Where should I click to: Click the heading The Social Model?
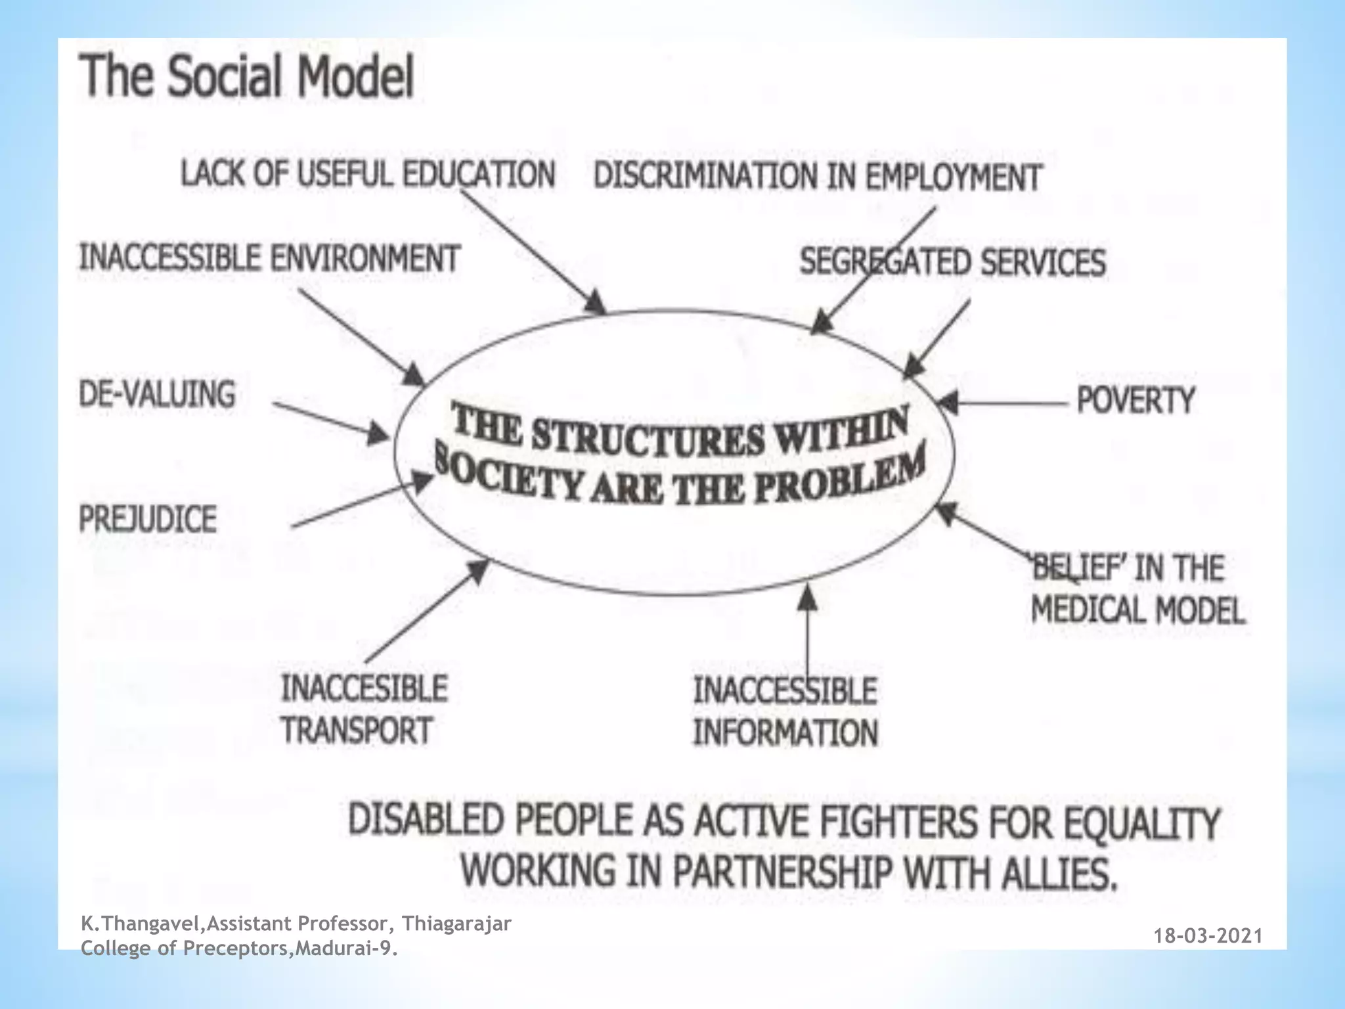click(247, 77)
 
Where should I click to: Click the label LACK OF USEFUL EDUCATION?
click(368, 175)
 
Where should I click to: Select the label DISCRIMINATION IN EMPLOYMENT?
click(818, 177)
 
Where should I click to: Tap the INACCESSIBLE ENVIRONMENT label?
click(269, 258)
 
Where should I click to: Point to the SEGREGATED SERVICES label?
click(952, 262)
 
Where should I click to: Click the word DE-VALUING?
click(157, 394)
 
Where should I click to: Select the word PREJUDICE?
click(148, 519)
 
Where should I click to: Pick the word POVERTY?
click(1136, 400)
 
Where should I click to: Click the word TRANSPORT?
click(357, 730)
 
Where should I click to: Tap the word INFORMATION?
click(785, 733)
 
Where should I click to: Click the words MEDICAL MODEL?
click(1137, 610)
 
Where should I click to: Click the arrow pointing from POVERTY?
click(1005, 402)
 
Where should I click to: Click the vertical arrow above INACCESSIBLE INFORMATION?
click(808, 631)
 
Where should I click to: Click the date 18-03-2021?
click(1208, 936)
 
